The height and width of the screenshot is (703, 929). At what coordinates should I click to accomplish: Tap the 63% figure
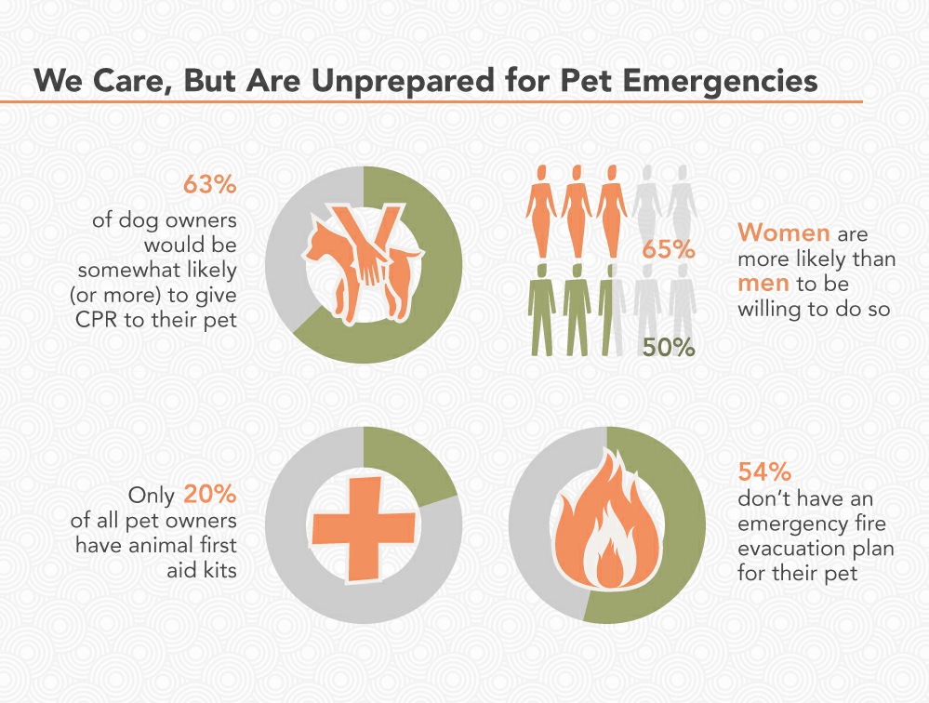pyautogui.click(x=209, y=184)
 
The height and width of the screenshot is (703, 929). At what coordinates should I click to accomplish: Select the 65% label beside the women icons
pyautogui.click(x=668, y=250)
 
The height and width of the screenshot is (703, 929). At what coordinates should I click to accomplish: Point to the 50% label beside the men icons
pyautogui.click(x=668, y=349)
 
